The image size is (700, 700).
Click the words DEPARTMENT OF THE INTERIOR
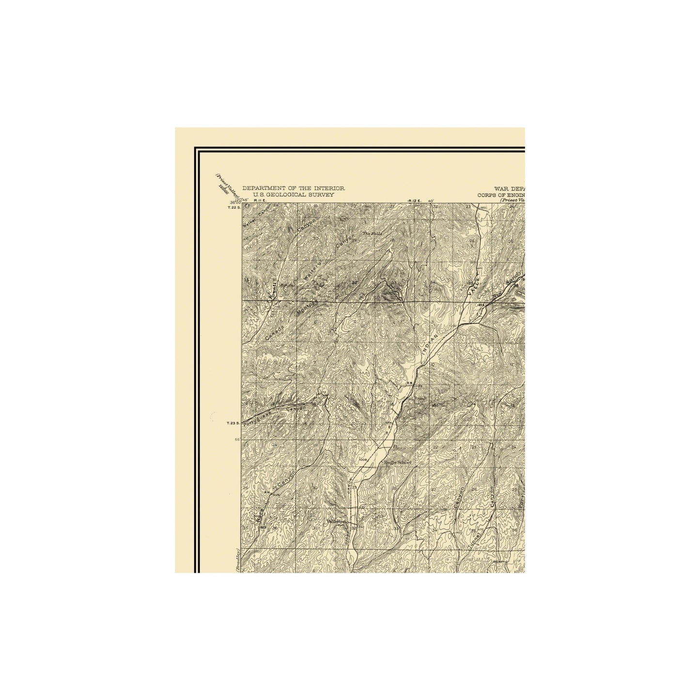click(x=294, y=188)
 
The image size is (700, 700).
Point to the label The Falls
click(x=373, y=234)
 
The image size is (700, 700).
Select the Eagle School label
click(x=397, y=463)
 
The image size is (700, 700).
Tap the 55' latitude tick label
click(x=238, y=439)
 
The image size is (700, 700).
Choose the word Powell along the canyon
click(x=275, y=289)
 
